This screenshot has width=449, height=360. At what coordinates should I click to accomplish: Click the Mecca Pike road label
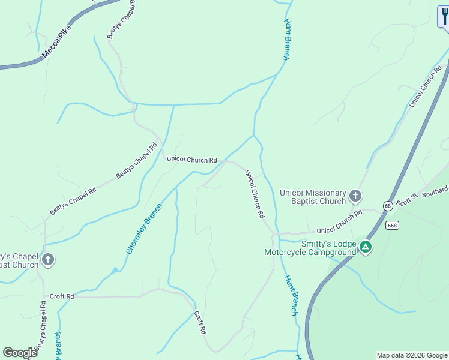[56, 41]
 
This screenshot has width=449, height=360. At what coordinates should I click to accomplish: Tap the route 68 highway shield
[389, 206]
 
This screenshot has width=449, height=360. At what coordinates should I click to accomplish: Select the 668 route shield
[393, 226]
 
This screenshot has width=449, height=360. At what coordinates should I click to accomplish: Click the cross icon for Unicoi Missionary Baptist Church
[355, 196]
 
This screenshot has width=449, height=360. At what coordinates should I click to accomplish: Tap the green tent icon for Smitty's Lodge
[365, 247]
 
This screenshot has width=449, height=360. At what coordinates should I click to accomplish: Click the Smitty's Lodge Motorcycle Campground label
[310, 248]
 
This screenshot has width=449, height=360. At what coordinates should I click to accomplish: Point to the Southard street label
[435, 192]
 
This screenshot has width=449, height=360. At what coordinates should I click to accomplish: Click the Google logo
[20, 353]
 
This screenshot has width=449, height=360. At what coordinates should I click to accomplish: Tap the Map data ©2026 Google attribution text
[412, 355]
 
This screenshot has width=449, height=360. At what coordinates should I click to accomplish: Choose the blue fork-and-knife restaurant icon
[444, 17]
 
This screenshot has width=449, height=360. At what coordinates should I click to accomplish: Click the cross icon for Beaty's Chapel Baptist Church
[48, 260]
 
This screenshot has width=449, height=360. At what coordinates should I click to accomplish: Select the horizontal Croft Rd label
[62, 296]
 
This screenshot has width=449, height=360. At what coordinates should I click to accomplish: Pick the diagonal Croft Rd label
[200, 322]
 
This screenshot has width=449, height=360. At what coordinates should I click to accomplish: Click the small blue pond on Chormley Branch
[114, 271]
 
